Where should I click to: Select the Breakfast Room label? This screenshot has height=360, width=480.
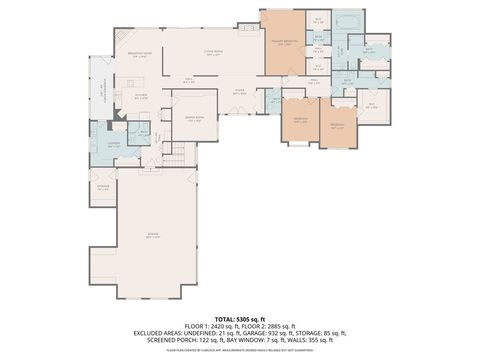click(x=140, y=55)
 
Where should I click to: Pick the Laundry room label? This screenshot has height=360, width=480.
click(x=112, y=143)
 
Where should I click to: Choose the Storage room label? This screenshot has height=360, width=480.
click(x=103, y=186)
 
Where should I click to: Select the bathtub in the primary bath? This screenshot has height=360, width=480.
click(x=348, y=21)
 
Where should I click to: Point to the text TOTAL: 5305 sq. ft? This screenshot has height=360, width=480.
click(x=240, y=318)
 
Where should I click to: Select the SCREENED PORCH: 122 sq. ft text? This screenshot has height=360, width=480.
click(x=184, y=342)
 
